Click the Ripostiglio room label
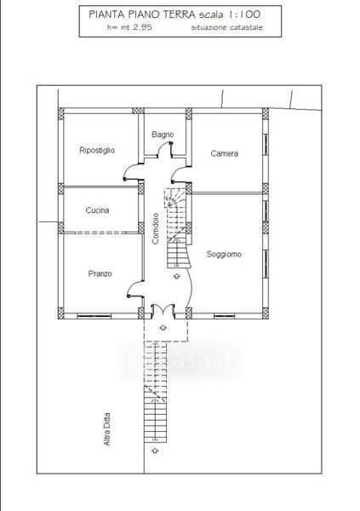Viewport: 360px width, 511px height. [97, 150]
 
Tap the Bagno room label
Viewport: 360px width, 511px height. [163, 135]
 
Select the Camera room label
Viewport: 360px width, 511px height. [224, 153]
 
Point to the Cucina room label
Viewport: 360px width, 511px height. [97, 210]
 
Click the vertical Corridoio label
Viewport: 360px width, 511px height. [156, 228]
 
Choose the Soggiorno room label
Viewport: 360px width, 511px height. [224, 254]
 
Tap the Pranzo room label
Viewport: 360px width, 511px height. [100, 273]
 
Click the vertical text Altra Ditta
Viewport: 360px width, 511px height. [107, 429]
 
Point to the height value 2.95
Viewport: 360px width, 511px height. [142, 27]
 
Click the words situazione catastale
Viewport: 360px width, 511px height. [226, 27]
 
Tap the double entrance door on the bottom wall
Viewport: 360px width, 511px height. [163, 310]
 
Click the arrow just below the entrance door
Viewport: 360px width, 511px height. [163, 328]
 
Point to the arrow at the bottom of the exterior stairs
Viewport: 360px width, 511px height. [155, 451]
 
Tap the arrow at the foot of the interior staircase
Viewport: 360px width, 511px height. [176, 276]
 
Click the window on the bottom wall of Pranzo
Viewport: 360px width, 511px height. [94, 316]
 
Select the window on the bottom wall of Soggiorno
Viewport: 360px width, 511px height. [224, 316]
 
